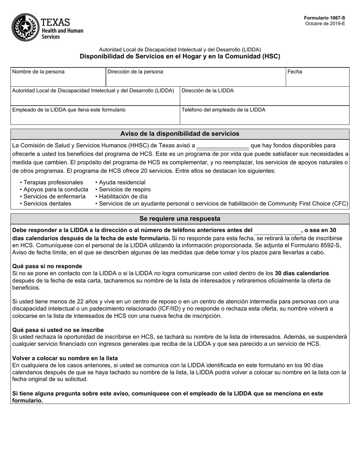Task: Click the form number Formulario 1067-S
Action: [x=324, y=18]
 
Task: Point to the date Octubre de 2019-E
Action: [x=325, y=23]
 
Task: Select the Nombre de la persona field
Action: [x=58, y=77]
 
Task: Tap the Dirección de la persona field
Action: [x=195, y=77]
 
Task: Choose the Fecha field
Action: [x=317, y=77]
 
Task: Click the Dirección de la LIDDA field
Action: [x=264, y=96]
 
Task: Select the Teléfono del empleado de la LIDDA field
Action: [x=264, y=116]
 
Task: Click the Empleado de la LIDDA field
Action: [x=95, y=116]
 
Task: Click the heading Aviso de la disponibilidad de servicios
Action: [x=180, y=134]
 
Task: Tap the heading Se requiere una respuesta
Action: [x=180, y=219]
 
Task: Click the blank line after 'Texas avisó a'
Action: [x=223, y=146]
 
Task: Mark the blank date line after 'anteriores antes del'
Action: [x=277, y=231]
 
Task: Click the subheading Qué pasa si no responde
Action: [x=47, y=266]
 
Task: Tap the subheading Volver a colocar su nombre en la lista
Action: [x=65, y=358]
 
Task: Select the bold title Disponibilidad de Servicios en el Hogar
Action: [x=180, y=56]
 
